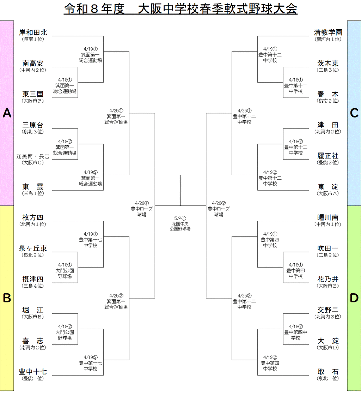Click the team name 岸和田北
coord(33,32)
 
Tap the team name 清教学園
coord(328,32)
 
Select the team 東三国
coord(33,94)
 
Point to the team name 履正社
coord(328,156)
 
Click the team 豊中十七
coord(33,372)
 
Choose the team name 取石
coord(328,372)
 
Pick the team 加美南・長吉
coord(33,156)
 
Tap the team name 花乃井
coord(328,280)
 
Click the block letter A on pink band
coord(7,113)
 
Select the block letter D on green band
coord(354,298)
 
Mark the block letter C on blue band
coord(354,113)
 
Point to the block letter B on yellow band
coord(7,298)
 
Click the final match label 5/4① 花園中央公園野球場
coord(180,223)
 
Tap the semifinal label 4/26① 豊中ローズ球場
coord(142,209)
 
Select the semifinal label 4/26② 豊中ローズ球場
coord(219,209)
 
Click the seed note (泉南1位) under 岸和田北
coord(33,40)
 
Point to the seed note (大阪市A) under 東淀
coord(328,194)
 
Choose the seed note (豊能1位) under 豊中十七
coord(33,379)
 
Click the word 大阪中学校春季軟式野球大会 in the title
coord(218,9)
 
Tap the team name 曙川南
coord(328,218)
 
